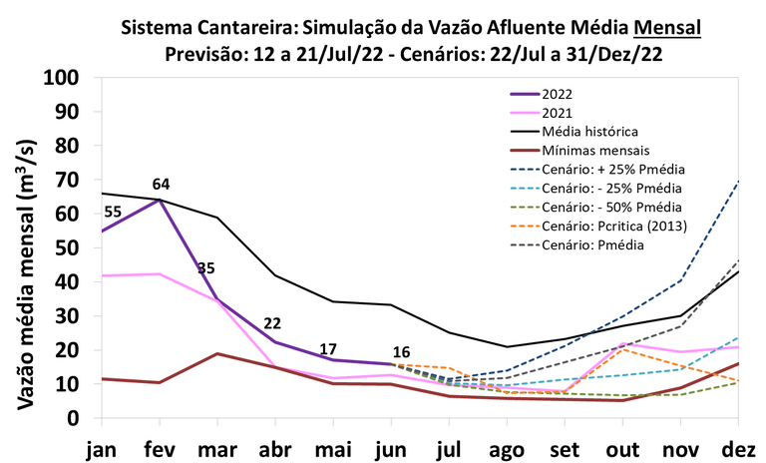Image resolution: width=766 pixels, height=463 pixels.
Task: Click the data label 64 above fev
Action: coord(162,185)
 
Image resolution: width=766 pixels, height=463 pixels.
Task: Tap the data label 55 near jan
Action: coord(113,212)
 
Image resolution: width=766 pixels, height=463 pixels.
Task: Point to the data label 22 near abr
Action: coord(272,324)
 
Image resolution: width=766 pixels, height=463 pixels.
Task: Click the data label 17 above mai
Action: coord(328,349)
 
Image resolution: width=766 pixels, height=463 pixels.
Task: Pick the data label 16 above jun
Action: coord(401,351)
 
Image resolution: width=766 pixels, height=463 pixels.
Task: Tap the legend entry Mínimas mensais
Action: coord(594,150)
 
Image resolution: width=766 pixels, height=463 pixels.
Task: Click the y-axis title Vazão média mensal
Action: coord(27,248)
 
